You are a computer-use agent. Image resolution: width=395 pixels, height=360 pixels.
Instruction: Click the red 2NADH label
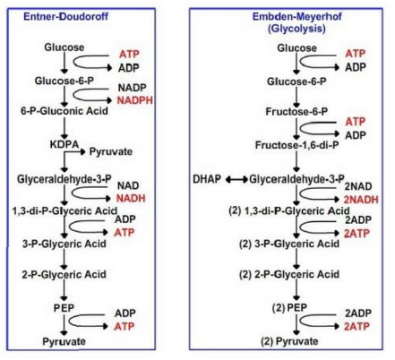[x=356, y=195]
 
